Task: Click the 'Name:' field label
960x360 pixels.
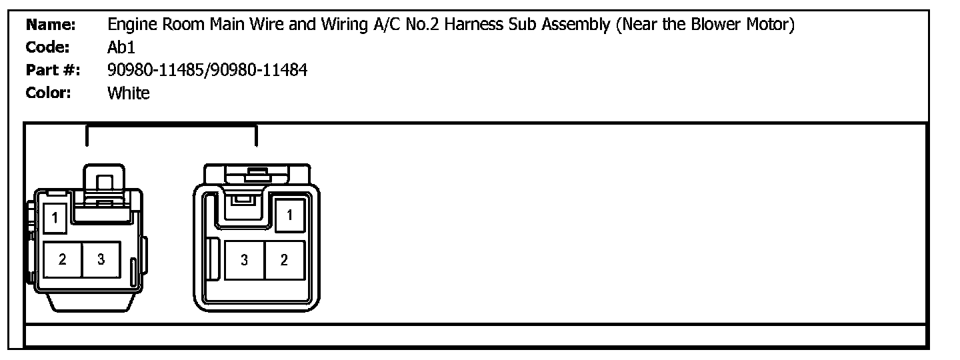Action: tap(51, 25)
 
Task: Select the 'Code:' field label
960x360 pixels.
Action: tap(47, 47)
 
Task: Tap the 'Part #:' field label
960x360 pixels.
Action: tap(53, 70)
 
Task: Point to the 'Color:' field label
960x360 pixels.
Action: tap(48, 93)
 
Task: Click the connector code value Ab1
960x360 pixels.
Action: tap(121, 47)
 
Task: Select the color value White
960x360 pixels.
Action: tap(129, 93)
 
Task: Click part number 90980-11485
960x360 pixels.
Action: tap(155, 70)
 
